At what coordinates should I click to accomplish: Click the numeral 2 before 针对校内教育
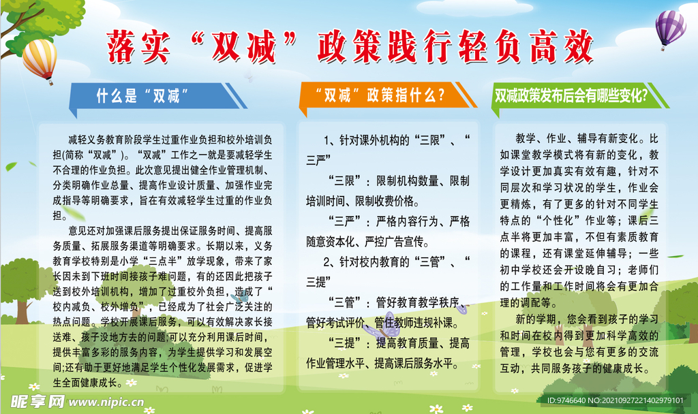click(x=327, y=261)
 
